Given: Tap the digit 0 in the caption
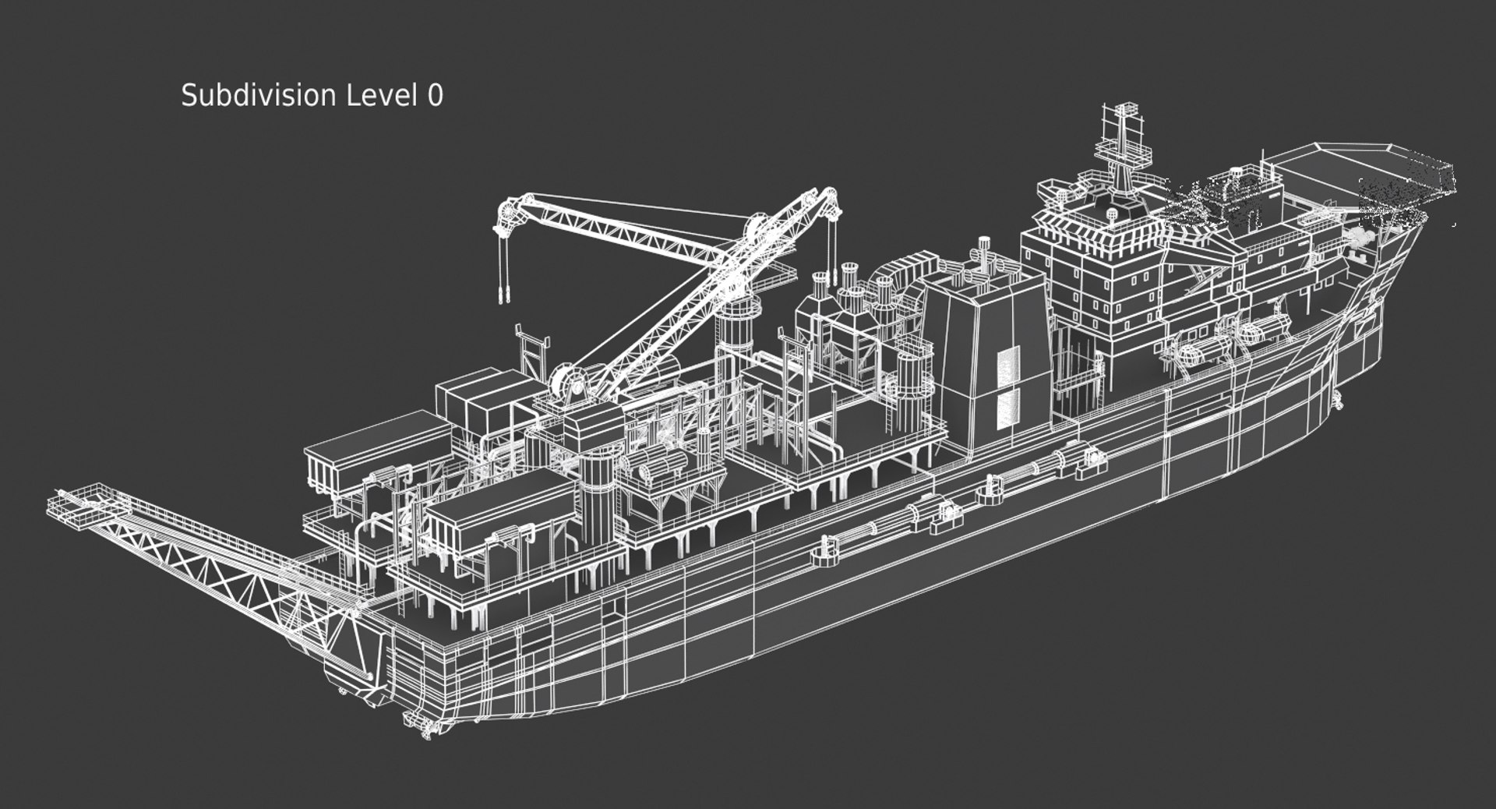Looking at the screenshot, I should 436,95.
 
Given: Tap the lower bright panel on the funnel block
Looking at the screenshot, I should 1007,410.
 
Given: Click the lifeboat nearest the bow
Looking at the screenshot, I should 1262,331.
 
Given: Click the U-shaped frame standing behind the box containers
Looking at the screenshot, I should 533,351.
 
